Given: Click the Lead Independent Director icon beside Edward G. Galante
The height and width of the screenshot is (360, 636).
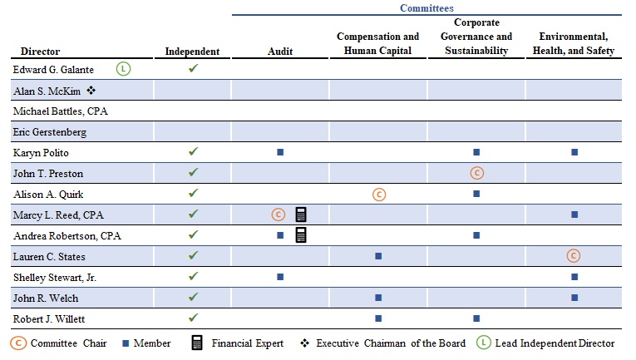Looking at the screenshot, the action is coord(123,69).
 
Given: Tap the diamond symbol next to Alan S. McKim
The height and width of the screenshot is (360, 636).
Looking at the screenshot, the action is coord(91,90).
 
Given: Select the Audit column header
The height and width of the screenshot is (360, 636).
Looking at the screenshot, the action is coord(280,51).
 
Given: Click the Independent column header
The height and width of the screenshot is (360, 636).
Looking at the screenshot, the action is coord(192,52).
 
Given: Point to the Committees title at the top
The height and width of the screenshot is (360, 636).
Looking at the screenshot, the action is coord(426,7).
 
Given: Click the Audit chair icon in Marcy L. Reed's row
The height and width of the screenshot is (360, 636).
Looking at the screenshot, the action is coord(279,215).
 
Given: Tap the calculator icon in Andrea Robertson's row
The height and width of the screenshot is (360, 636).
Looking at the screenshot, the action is coord(301,235).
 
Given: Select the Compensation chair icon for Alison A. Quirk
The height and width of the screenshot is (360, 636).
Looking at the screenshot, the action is coord(379,195).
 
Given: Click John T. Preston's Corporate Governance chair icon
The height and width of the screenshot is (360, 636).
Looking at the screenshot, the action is coord(477,173).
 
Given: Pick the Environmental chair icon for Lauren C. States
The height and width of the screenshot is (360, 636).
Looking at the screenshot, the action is coord(574,256).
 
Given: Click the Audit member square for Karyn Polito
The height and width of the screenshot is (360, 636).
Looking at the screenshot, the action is coord(280,152).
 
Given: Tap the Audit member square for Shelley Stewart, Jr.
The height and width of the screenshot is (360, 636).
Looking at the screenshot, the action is coord(280,277).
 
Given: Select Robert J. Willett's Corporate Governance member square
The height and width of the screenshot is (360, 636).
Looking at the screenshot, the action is coord(476,318).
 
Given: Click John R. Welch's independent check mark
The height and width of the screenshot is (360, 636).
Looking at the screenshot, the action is coord(194,297).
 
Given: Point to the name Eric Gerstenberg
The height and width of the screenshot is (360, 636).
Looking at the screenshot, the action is coord(50,132).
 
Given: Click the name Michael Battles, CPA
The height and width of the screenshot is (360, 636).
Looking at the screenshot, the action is coord(61,111).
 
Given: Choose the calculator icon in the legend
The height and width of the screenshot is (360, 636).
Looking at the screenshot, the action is coord(197,343).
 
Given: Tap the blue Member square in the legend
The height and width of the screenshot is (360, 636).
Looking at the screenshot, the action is coord(126,343).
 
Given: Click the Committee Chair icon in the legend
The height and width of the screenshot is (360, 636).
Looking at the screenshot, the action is coord(18,343).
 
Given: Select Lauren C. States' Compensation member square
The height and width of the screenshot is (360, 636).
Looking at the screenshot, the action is coord(378,256).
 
